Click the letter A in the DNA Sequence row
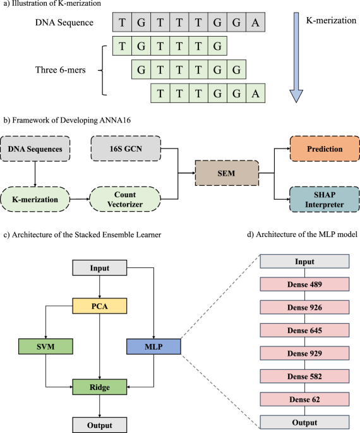pos(255,23)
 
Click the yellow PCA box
pos(98,308)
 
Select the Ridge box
pos(98,385)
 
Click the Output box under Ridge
pos(98,424)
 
